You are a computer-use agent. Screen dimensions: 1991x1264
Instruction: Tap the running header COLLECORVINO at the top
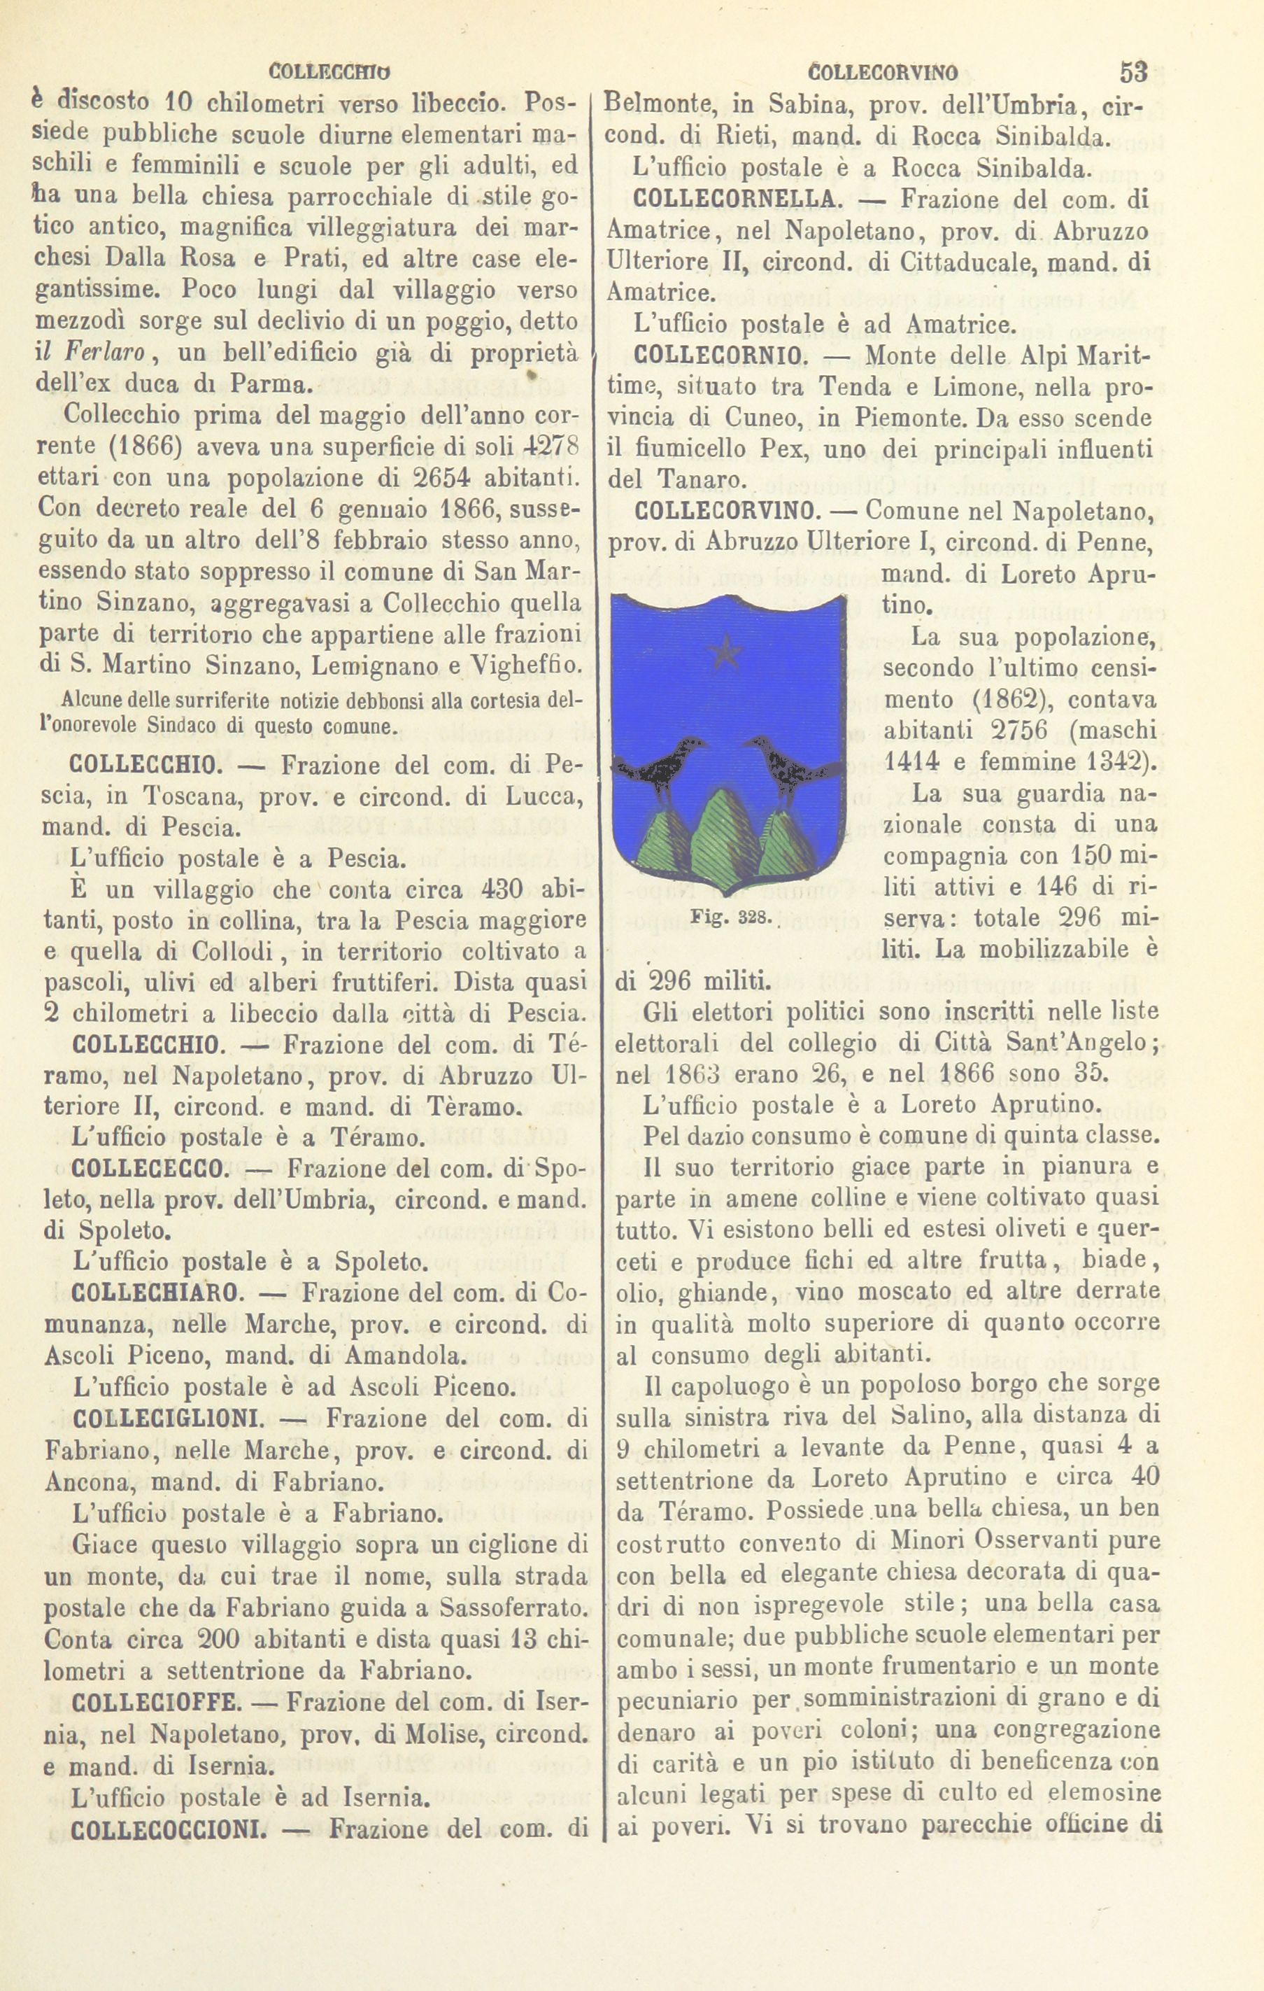pyautogui.click(x=881, y=73)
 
